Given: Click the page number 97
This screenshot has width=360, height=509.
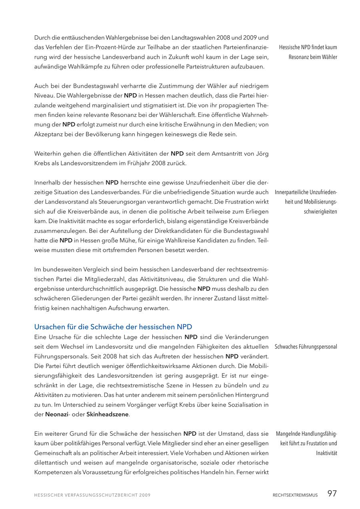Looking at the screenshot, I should tap(332, 493).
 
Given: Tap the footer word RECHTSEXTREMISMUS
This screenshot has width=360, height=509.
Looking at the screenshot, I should tap(295, 495).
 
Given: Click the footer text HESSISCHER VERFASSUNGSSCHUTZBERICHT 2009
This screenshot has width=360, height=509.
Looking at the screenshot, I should tap(92, 495).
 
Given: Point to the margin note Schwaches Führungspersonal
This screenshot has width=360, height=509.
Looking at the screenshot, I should tap(306, 347).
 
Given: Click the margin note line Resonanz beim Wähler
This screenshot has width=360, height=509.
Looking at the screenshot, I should tap(313, 57).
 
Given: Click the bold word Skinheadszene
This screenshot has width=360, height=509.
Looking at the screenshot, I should tap(108, 415).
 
